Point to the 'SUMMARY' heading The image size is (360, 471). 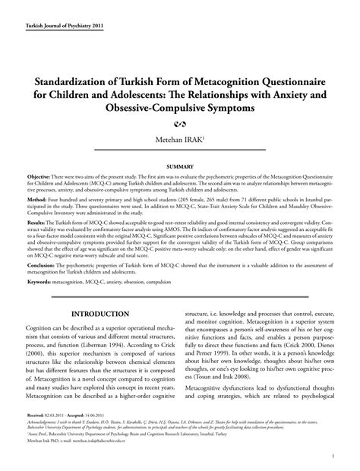(180, 165)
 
